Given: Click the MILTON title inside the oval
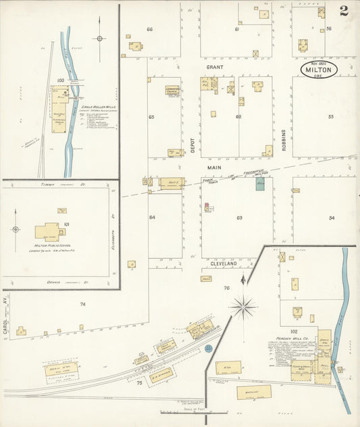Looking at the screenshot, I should [319, 70].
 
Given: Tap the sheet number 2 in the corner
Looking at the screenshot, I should [344, 11].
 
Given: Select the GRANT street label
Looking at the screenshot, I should [215, 68].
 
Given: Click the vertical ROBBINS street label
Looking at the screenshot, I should [284, 139].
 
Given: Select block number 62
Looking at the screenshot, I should [238, 116].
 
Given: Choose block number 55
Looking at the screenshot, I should [331, 116].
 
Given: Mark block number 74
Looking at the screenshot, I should [82, 304].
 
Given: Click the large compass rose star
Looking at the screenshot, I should [242, 307].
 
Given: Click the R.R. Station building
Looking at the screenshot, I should [161, 375].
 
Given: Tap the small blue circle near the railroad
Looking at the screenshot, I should [209, 347].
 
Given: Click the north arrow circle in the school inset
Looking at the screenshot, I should [14, 230].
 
